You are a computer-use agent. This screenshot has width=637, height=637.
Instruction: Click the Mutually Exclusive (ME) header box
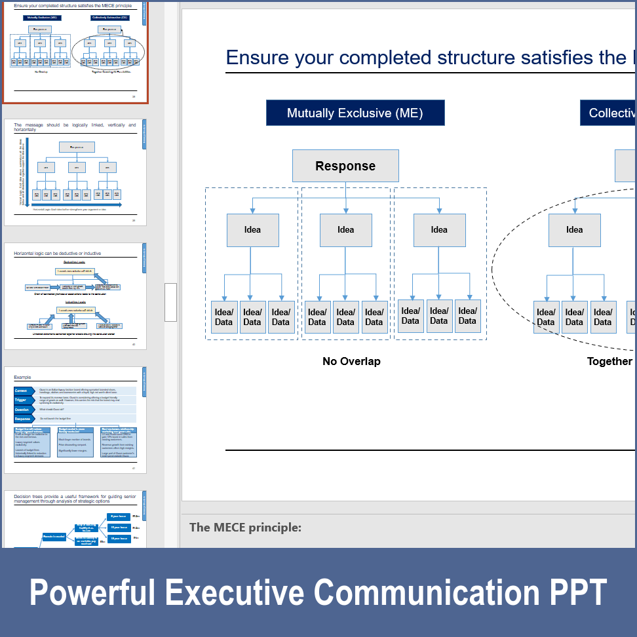pyautogui.click(x=355, y=113)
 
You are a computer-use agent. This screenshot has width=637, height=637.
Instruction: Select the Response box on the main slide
pyautogui.click(x=345, y=166)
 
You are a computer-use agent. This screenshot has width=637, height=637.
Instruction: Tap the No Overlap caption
pyautogui.click(x=351, y=361)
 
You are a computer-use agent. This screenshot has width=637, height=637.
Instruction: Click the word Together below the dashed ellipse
pyautogui.click(x=609, y=361)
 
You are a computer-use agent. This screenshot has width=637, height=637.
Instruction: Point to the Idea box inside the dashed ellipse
pyautogui.click(x=574, y=230)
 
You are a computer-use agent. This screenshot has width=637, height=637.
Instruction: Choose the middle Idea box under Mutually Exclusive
pyautogui.click(x=345, y=230)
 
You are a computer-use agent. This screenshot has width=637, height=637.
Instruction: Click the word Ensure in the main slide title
pyautogui.click(x=258, y=58)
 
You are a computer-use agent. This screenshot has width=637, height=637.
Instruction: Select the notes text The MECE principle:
pyautogui.click(x=245, y=528)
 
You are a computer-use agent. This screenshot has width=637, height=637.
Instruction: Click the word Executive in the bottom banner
pyautogui.click(x=235, y=592)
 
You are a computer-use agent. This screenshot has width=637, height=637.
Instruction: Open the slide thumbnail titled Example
pyautogui.click(x=75, y=419)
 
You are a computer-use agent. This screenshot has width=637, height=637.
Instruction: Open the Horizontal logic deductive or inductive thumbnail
pyautogui.click(x=75, y=296)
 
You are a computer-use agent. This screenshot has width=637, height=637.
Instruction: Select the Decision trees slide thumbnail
pyautogui.click(x=75, y=519)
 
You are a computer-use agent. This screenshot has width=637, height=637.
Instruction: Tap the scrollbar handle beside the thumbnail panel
pyautogui.click(x=170, y=302)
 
